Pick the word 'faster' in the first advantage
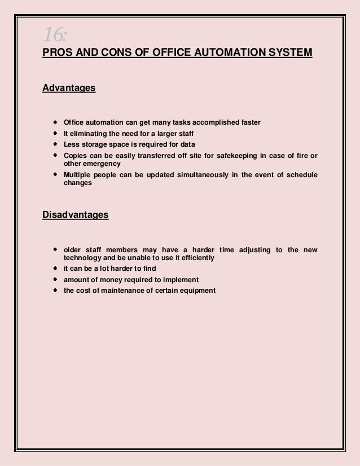(250, 122)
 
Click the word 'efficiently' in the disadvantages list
(196, 258)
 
